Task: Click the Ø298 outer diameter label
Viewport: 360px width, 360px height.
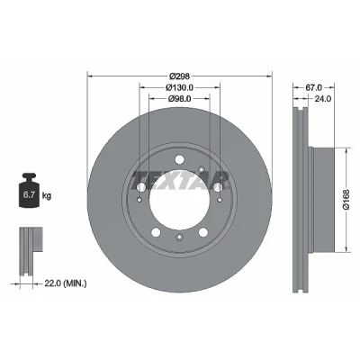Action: tap(179, 76)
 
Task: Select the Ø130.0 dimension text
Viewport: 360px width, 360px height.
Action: tap(179, 87)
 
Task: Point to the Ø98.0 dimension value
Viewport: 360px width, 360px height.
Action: tap(179, 98)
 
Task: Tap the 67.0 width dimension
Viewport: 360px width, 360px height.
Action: tap(313, 87)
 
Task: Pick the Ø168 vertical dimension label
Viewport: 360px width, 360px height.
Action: tap(347, 199)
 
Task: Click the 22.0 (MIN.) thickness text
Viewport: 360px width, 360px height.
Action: tap(66, 283)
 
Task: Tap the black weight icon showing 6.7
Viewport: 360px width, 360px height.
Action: tap(29, 190)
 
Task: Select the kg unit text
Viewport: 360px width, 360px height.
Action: tap(47, 196)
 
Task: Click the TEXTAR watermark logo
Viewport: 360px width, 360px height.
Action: tap(179, 181)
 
